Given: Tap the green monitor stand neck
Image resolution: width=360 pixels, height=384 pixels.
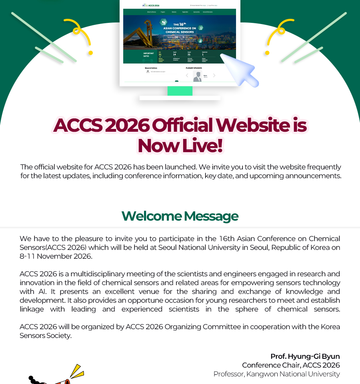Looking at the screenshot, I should point(180,91).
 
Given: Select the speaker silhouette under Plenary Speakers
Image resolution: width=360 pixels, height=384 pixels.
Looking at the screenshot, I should point(197,76).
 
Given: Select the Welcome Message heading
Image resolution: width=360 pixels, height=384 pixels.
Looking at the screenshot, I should point(180,216).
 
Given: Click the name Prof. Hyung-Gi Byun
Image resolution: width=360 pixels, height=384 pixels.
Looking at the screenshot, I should point(305,356).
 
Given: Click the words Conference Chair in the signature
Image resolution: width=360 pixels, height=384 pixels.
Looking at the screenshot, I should point(270,365).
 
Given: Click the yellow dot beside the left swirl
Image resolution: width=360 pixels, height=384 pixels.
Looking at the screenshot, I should point(90,53).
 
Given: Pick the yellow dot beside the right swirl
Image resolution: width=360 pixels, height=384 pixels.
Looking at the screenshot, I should point(267,53).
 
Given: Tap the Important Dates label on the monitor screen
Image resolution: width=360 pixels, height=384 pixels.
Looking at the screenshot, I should point(148,54).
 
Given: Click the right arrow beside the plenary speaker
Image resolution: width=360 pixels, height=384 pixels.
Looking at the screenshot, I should point(214,75).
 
